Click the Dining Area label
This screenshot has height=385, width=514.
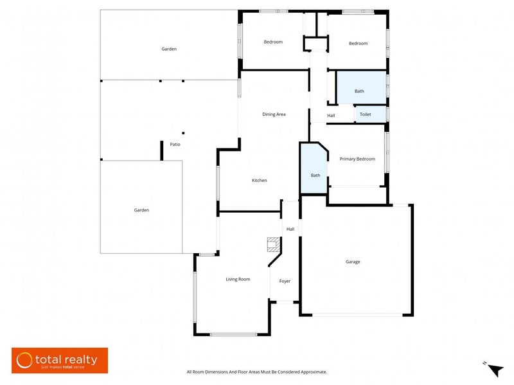[x=274, y=114]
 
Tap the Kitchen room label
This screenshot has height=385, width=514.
[x=259, y=181]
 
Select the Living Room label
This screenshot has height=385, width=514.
[x=238, y=279]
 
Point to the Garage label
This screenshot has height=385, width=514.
[x=353, y=262]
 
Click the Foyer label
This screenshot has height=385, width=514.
[x=285, y=281]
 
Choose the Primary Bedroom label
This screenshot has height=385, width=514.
[x=357, y=159]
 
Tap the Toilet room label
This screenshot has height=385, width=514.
[x=365, y=114]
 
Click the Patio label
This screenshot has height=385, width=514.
[x=175, y=145]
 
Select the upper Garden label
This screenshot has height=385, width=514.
[x=169, y=49]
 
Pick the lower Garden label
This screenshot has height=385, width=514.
[x=141, y=210]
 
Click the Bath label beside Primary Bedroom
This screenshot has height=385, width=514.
[x=315, y=175]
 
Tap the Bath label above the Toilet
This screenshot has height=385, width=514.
[x=359, y=91]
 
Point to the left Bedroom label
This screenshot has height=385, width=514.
[x=273, y=42]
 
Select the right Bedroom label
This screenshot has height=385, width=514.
[x=358, y=44]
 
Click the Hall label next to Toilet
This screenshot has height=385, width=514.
[x=331, y=116]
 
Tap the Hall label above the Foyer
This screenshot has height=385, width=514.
[x=290, y=229]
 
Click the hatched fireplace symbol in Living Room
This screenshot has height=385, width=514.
[x=273, y=245]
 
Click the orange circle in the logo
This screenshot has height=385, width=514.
[x=24, y=360]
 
